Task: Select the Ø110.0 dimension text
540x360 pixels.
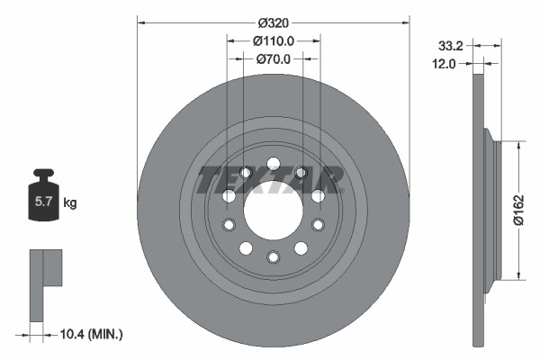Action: pyautogui.click(x=274, y=40)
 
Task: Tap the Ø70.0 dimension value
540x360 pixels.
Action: pyautogui.click(x=274, y=59)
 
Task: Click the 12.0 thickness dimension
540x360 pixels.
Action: pyautogui.click(x=445, y=64)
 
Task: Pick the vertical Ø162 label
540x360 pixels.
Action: pyautogui.click(x=519, y=210)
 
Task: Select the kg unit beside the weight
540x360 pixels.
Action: pyautogui.click(x=70, y=203)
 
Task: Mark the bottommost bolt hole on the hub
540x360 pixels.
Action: pyautogui.click(x=273, y=257)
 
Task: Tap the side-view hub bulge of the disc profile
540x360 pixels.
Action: pyautogui.click(x=491, y=210)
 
